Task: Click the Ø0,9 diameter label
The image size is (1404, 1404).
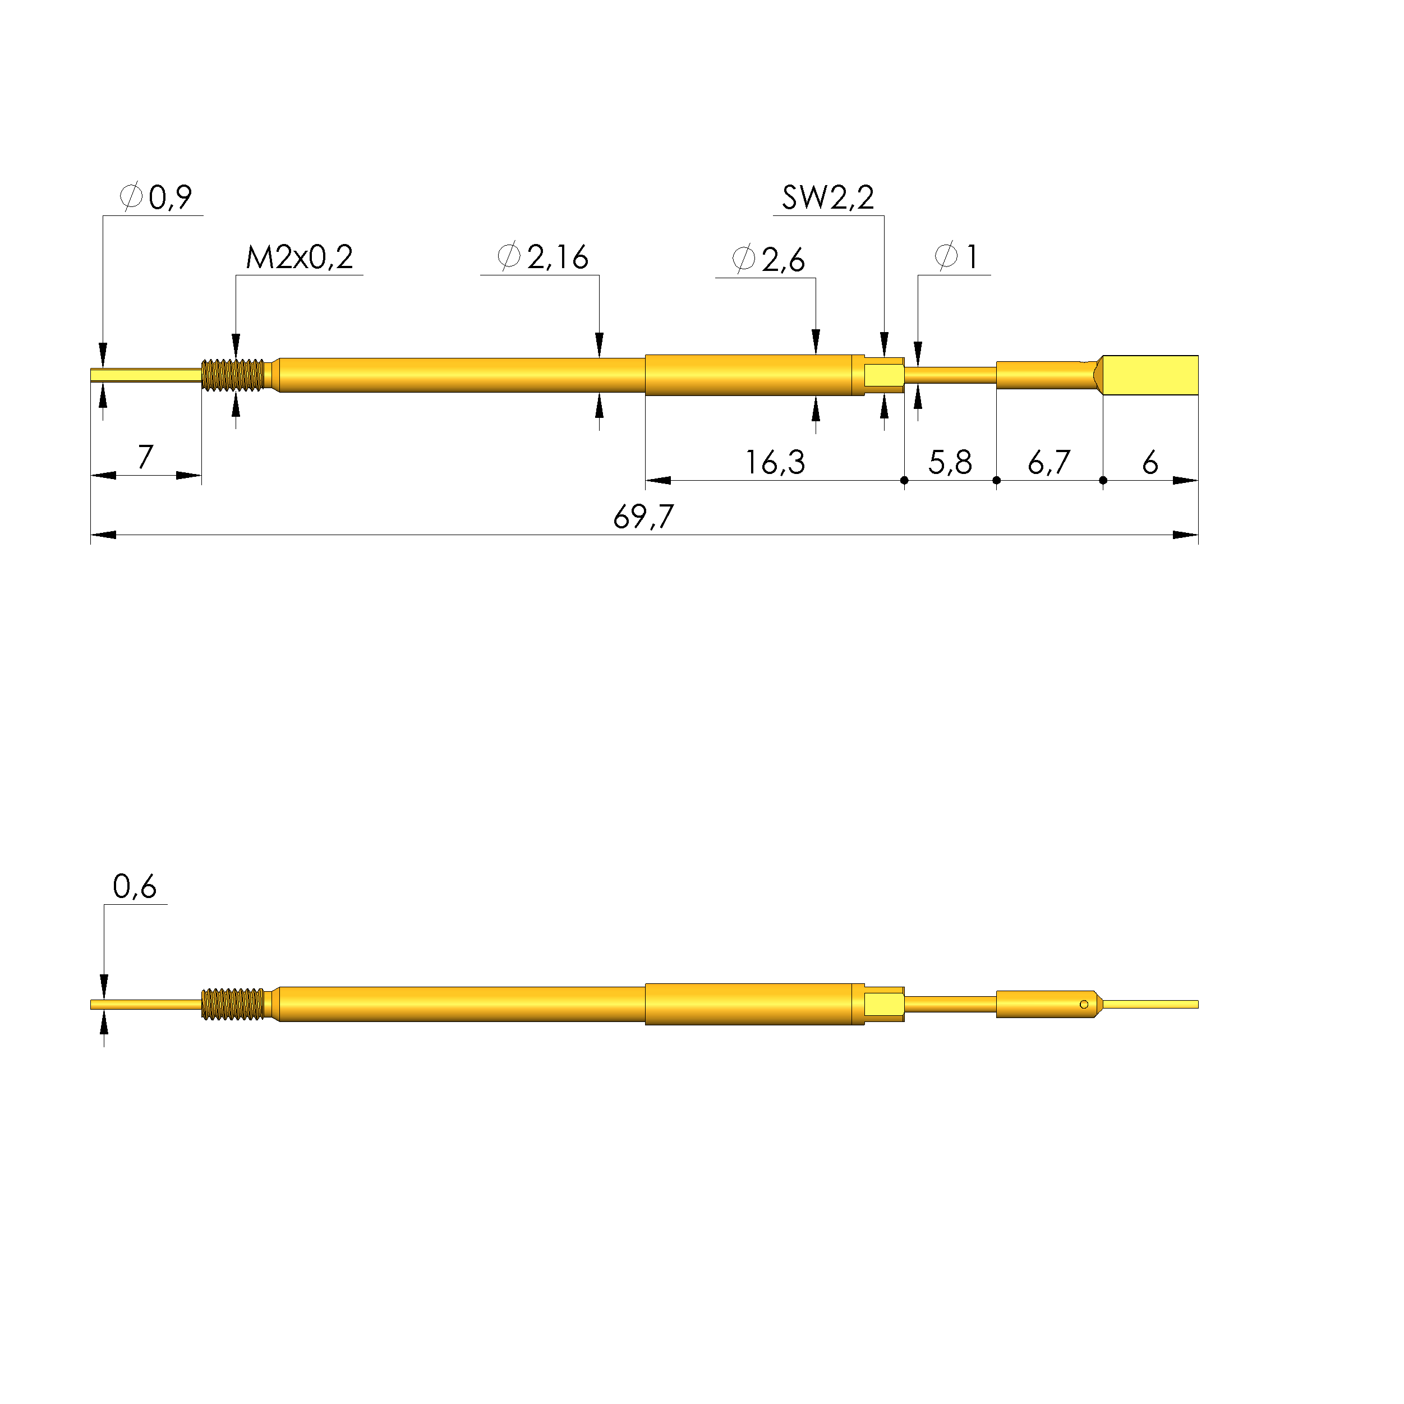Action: (x=156, y=197)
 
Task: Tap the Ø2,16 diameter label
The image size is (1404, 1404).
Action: (x=543, y=257)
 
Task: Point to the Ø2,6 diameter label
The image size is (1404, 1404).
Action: (x=768, y=260)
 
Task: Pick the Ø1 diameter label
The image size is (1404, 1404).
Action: (x=956, y=256)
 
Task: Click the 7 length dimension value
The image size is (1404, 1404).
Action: (x=145, y=457)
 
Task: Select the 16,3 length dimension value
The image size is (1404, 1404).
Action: (x=775, y=463)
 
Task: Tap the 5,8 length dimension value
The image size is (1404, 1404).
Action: (x=949, y=463)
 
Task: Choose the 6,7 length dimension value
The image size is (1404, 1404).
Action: (x=1048, y=463)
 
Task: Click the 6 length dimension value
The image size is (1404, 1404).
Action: (x=1150, y=463)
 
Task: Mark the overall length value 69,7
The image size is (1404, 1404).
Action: (x=643, y=517)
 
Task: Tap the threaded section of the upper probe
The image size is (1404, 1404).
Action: (x=233, y=375)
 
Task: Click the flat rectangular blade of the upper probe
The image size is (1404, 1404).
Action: (x=1150, y=375)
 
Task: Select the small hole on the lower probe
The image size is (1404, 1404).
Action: (x=1084, y=1004)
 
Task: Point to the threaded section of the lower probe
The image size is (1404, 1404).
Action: (x=233, y=1004)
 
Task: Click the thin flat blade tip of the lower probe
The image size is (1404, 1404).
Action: (x=1151, y=1004)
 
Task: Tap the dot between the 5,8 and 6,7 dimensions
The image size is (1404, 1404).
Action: (x=996, y=480)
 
